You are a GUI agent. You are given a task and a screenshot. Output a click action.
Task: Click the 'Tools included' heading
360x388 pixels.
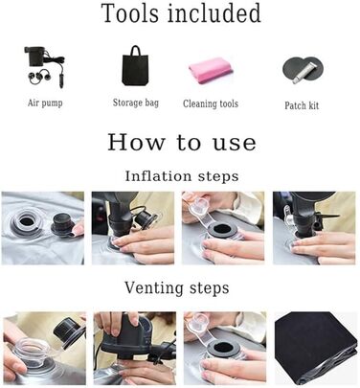point(181,13)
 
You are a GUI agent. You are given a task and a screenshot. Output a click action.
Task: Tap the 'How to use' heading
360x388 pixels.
point(182,142)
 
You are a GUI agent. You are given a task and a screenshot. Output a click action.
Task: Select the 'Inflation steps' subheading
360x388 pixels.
point(182,176)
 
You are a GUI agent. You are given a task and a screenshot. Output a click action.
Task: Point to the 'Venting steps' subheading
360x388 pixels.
point(177,287)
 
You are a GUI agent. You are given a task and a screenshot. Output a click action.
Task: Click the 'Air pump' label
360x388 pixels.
point(45,103)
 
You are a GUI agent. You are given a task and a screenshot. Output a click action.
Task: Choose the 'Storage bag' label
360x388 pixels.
point(136,103)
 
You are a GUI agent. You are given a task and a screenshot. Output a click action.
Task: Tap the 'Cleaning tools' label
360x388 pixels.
point(211,103)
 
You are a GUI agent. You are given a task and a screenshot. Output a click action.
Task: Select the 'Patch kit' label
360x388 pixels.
point(302,105)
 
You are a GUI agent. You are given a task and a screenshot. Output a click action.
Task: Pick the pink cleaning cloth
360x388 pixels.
point(211,70)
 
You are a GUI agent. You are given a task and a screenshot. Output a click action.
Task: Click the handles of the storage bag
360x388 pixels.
point(135,51)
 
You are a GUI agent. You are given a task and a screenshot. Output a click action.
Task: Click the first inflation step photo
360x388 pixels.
point(43,228)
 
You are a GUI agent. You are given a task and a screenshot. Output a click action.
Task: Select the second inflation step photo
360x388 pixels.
point(133,228)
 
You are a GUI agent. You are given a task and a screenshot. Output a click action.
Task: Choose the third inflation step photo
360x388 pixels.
point(223,228)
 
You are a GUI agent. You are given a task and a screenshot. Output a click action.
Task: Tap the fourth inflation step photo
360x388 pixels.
point(314,228)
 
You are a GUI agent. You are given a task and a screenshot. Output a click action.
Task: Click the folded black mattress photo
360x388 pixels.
point(316,348)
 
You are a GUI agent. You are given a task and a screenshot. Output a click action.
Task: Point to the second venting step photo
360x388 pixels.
point(135,348)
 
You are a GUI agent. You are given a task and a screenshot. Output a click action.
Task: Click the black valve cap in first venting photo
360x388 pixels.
point(68,329)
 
